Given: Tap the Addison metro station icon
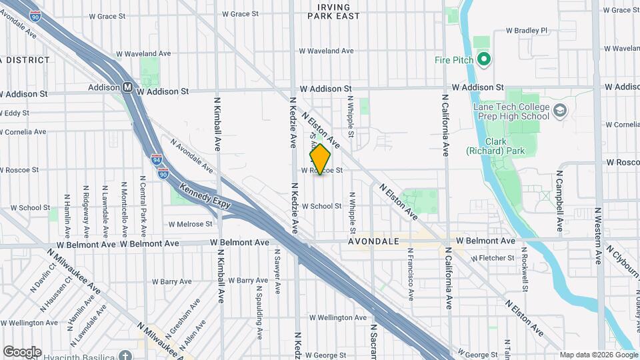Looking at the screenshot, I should tap(127, 87).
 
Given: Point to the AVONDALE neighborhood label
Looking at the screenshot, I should tap(373, 241).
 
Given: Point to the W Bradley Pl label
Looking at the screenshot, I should tap(527, 30).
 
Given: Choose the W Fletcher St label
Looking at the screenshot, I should tap(493, 258).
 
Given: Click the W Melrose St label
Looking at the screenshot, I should tap(190, 224).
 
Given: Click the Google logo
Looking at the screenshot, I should tap(22, 351).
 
